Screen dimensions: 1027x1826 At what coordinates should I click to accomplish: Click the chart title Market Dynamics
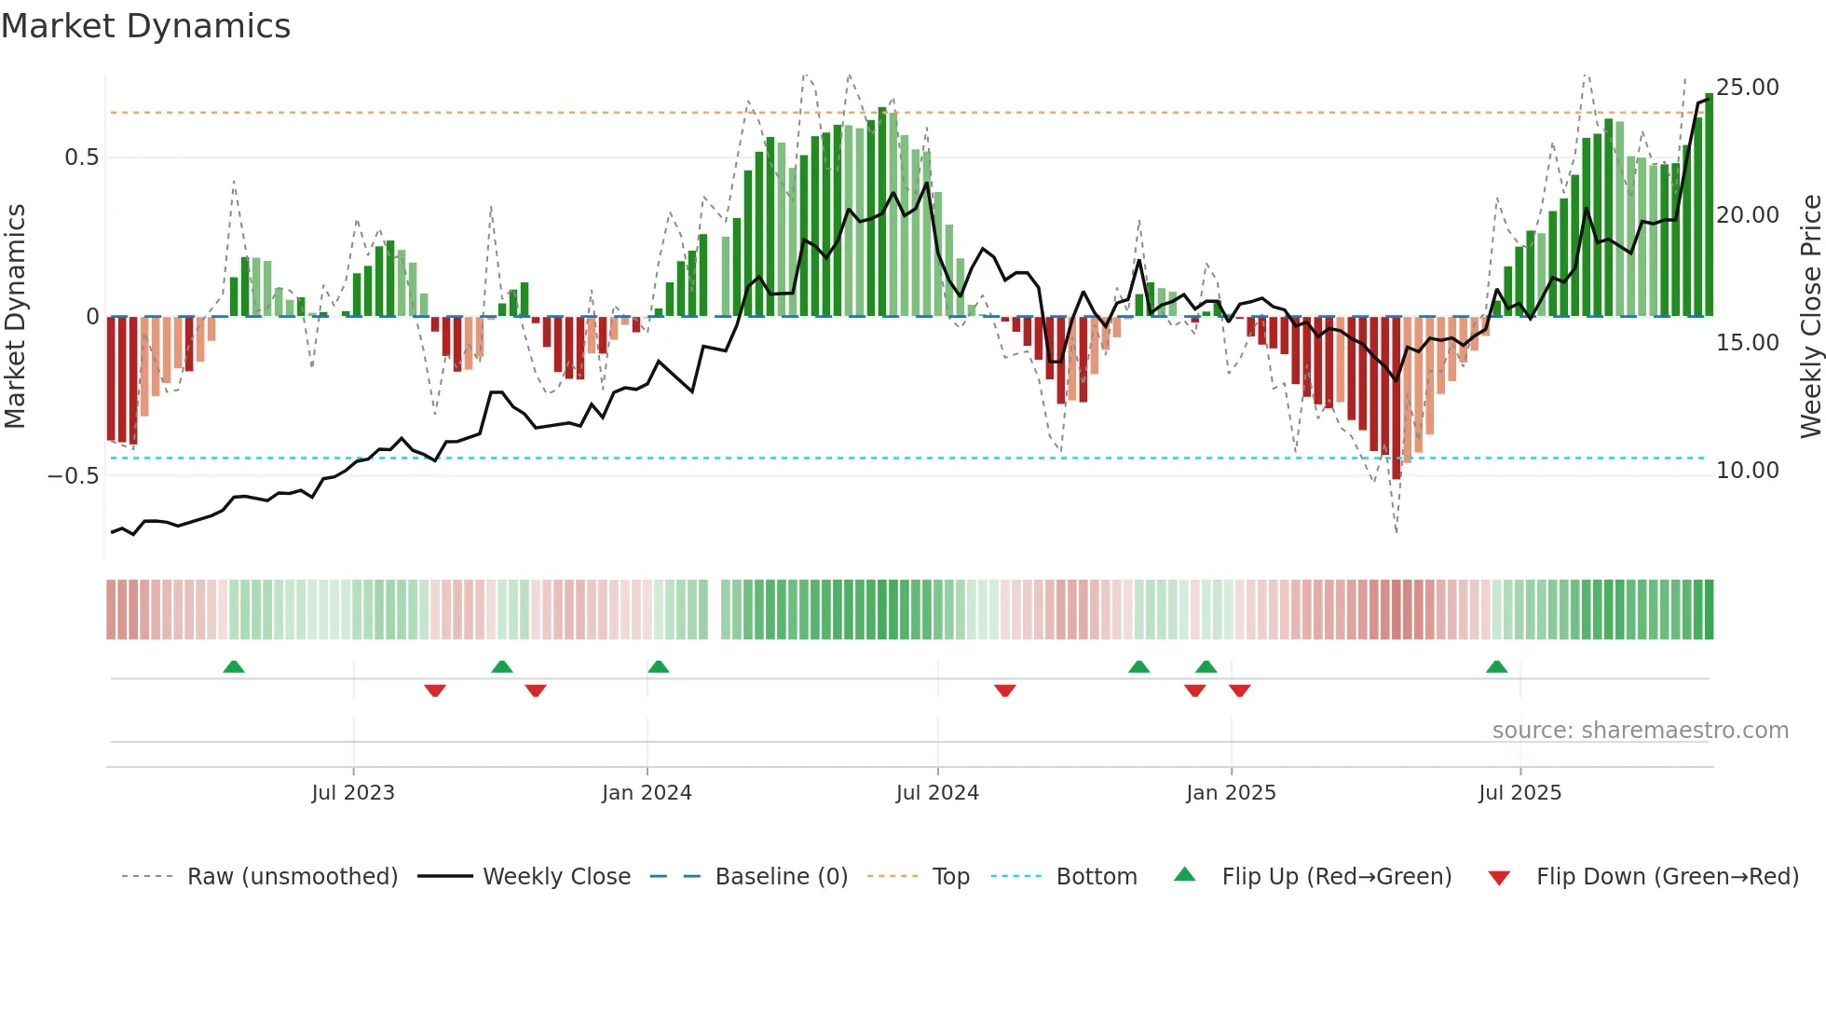click(146, 26)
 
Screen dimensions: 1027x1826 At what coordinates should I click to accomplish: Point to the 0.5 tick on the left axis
click(82, 157)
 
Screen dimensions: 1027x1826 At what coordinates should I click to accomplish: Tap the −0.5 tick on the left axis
click(74, 475)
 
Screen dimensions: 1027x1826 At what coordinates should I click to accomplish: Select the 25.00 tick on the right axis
click(1748, 88)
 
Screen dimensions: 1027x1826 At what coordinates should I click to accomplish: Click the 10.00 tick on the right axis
click(1748, 471)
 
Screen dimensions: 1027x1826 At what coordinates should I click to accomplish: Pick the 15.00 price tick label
click(1748, 343)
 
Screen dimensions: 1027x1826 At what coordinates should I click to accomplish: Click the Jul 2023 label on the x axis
click(353, 793)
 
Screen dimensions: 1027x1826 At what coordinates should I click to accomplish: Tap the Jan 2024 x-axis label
click(647, 793)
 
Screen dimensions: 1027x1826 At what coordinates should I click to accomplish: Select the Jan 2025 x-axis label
click(1231, 793)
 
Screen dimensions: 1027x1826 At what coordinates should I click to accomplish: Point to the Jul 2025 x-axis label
click(1519, 793)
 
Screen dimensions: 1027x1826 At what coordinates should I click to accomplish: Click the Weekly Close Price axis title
click(1810, 317)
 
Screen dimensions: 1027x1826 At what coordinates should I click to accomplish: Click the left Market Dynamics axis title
click(16, 317)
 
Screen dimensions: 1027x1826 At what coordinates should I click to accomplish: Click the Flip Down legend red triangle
click(1499, 878)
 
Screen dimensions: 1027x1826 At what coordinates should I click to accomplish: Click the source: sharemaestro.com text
click(1640, 731)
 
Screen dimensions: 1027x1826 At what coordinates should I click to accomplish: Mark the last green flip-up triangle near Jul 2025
click(1496, 667)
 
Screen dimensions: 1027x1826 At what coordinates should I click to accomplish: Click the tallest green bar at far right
click(1709, 205)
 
